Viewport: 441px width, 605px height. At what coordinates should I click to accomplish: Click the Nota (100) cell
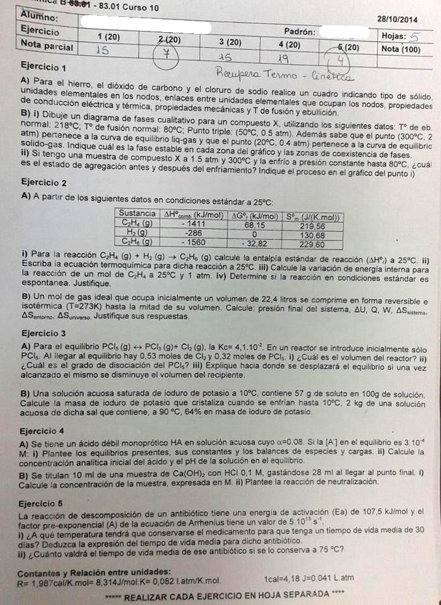pyautogui.click(x=401, y=49)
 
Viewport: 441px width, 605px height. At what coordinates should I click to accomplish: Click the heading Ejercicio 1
pyautogui.click(x=44, y=67)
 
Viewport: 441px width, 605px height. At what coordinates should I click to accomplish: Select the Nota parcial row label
pyautogui.click(x=47, y=45)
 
